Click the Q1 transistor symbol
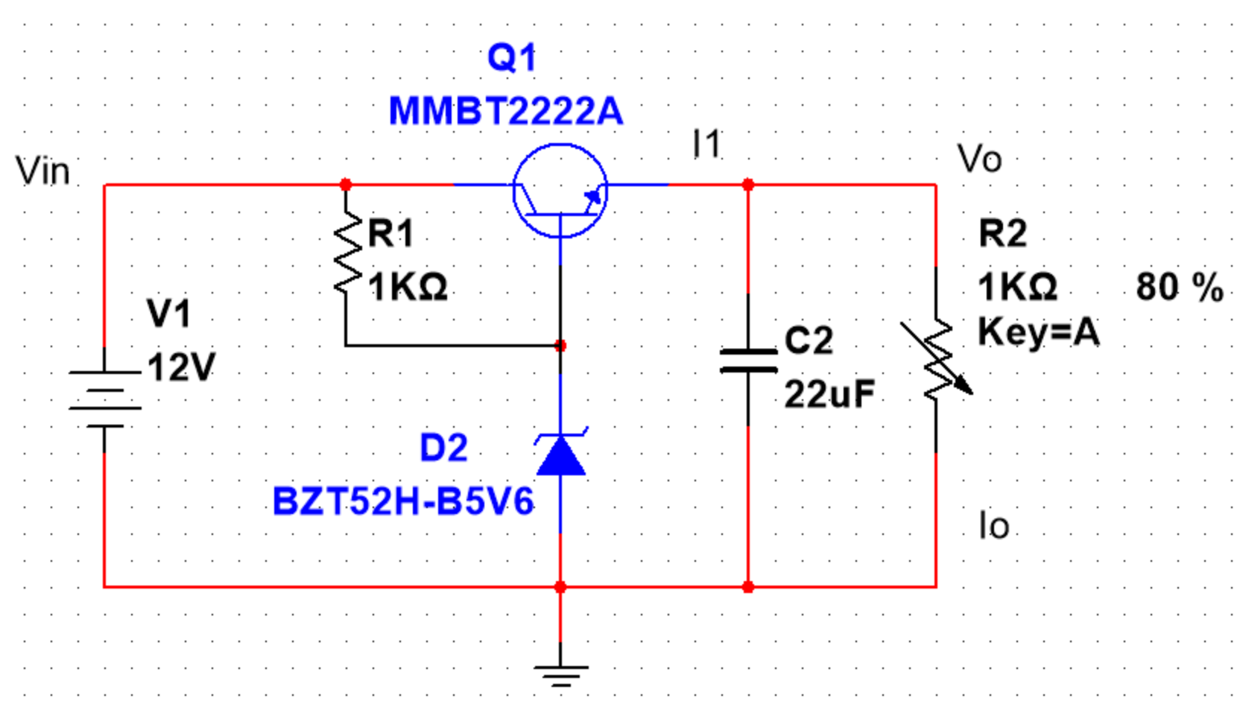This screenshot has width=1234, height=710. [560, 191]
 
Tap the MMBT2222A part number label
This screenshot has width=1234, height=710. [506, 111]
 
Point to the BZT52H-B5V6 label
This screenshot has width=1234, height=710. [403, 501]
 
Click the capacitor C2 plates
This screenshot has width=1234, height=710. [748, 361]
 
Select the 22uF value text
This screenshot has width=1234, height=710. [829, 394]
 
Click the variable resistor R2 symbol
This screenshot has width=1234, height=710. [937, 358]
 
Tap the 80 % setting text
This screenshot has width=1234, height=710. [1180, 287]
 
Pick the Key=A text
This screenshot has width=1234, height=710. [1039, 333]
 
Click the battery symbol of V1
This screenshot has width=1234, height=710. [104, 399]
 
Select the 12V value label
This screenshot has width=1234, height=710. [182, 367]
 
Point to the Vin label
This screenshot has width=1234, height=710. [43, 171]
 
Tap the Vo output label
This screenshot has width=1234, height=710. [979, 159]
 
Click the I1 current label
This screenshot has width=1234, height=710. [706, 144]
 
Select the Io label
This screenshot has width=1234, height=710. [994, 525]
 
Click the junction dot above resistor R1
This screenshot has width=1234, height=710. [346, 185]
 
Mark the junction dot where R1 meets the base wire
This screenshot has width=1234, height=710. [561, 346]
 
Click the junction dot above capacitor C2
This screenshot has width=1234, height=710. [748, 185]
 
